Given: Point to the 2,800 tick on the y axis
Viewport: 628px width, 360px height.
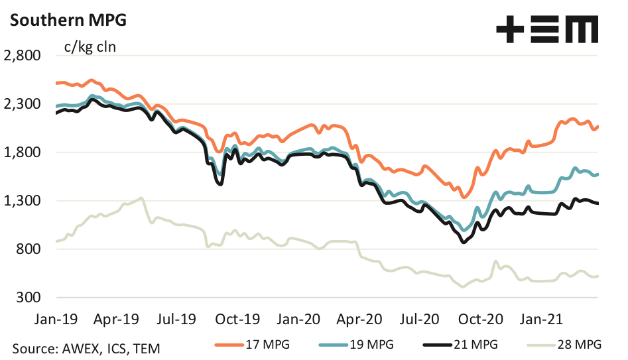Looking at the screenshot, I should (x=23, y=56).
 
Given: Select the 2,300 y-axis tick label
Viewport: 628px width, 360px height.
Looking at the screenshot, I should (x=23, y=104).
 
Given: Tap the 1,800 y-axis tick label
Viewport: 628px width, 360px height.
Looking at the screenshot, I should (x=23, y=152).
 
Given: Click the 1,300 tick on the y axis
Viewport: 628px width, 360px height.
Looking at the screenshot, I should (x=23, y=201).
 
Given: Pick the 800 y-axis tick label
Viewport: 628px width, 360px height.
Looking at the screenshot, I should (x=29, y=249).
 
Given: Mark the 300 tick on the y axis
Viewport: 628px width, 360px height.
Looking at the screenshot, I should (x=29, y=298).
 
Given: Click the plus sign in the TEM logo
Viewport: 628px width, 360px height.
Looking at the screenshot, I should (x=509, y=30).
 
